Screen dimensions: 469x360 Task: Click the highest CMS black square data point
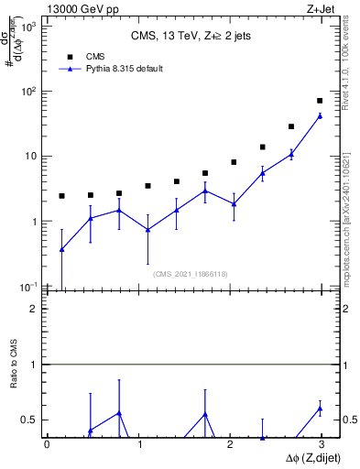tap(320, 101)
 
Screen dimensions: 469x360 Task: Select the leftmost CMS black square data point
tap(61, 196)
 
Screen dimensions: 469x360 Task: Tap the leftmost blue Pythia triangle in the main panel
tap(61, 249)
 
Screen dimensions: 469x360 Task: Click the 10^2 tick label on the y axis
tap(27, 92)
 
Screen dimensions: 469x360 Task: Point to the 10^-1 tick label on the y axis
tap(27, 287)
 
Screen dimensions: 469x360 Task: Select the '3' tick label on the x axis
tap(322, 445)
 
